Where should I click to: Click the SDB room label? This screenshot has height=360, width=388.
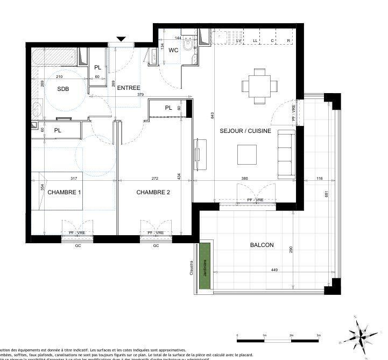[63, 89]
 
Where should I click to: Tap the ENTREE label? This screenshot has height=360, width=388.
[129, 88]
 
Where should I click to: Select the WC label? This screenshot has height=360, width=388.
[173, 50]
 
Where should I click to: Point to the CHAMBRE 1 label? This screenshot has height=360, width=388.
[65, 192]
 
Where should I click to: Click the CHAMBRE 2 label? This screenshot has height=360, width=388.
[153, 192]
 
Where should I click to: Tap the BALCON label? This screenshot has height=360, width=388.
[262, 245]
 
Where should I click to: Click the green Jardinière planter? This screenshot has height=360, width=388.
[204, 266]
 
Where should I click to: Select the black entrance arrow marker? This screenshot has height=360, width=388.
[122, 39]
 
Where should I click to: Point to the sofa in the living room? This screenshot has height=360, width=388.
[285, 153]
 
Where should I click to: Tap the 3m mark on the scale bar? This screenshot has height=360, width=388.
[319, 335]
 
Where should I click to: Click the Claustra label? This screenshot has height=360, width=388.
[192, 267]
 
